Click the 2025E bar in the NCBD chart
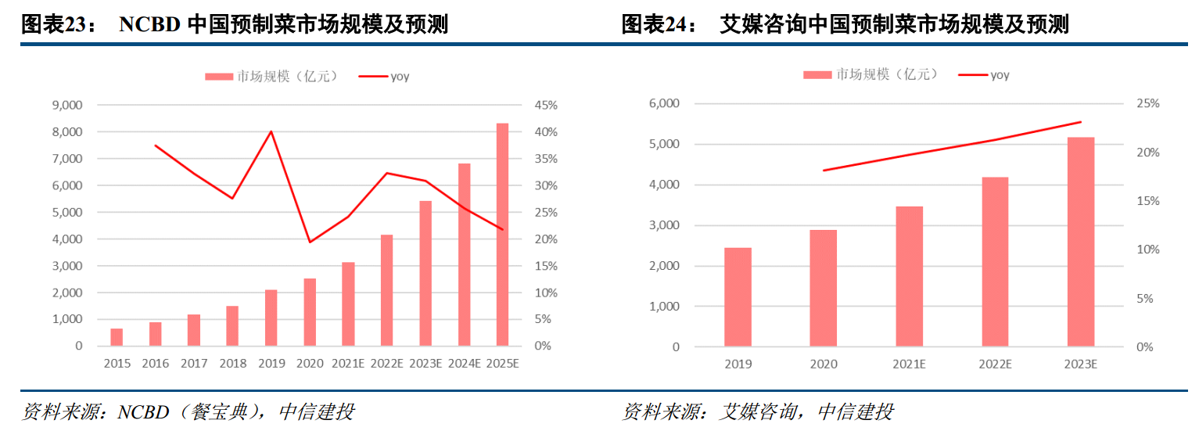point(502,235)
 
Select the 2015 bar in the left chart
point(117,337)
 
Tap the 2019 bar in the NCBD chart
point(271,318)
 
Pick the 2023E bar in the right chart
point(1081,242)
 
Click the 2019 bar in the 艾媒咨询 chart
point(738,297)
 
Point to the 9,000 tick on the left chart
point(66,106)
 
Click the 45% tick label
point(546,106)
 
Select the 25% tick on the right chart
point(1148,103)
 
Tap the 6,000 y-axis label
point(665,103)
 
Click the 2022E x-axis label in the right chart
point(995,365)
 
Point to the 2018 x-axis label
point(232,364)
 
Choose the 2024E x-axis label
point(464,364)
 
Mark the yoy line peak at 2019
point(271,131)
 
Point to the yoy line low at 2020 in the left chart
point(310,242)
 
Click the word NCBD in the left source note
point(143,411)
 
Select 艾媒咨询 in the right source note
point(758,411)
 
